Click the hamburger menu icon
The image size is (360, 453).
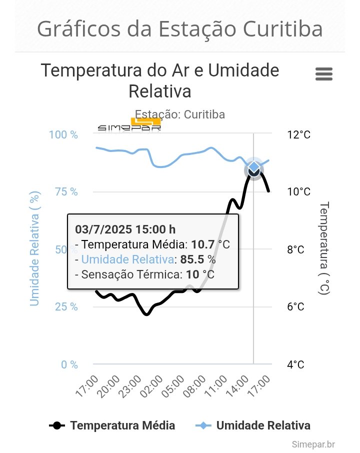(324, 74)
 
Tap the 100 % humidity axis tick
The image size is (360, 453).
(63, 135)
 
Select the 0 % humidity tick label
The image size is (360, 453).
(69, 364)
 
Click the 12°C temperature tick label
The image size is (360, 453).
(298, 135)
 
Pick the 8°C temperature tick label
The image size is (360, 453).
(295, 249)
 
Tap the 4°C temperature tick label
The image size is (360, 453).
(295, 364)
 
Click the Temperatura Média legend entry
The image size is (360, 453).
(112, 425)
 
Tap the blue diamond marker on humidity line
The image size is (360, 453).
(254, 167)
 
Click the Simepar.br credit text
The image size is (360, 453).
(313, 444)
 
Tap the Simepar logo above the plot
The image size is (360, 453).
(129, 125)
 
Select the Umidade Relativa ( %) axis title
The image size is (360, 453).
(34, 248)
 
